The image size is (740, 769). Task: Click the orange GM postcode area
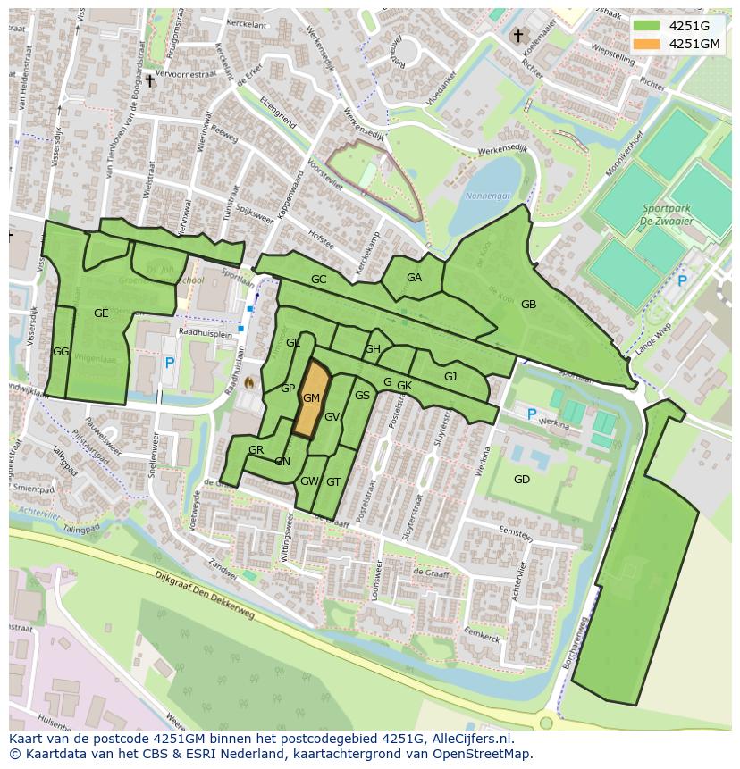[x=310, y=398]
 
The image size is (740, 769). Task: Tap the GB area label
[x=528, y=305]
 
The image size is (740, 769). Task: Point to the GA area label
[x=414, y=278]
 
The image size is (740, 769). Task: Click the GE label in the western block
[x=101, y=313]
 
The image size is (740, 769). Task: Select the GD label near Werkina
[x=522, y=480]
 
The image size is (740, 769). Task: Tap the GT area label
[x=333, y=481]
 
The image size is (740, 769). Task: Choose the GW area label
[x=309, y=481]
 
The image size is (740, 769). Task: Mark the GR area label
[x=256, y=450]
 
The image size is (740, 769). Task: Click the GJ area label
[x=450, y=377]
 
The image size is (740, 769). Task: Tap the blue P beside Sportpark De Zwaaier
[x=682, y=280]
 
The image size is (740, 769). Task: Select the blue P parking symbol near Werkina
[x=532, y=414]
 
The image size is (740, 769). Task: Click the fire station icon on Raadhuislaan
[x=249, y=381]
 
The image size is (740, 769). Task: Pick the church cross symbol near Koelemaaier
[x=517, y=36]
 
